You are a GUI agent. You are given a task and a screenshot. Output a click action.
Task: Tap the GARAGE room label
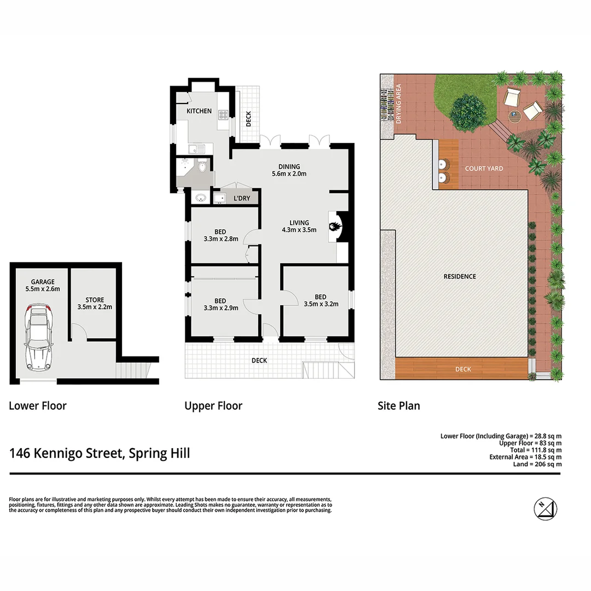[x=42, y=285]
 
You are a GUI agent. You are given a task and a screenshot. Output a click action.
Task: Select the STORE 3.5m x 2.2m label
[x=95, y=304]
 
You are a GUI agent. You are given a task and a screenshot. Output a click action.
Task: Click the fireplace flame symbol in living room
[x=335, y=223]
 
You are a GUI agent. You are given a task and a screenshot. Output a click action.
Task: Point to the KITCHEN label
[x=199, y=111]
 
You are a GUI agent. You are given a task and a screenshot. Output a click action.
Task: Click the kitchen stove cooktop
[x=223, y=115]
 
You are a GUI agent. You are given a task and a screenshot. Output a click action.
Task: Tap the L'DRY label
[x=241, y=198]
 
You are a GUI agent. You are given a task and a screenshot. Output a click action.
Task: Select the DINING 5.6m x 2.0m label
[x=289, y=170]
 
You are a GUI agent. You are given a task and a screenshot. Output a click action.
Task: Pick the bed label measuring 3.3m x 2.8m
[x=221, y=235]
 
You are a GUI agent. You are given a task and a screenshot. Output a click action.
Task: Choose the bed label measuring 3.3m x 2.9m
[x=221, y=304]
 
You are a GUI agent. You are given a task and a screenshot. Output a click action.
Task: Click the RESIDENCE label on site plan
[x=460, y=276]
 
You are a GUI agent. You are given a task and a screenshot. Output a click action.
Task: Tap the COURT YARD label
[x=484, y=169]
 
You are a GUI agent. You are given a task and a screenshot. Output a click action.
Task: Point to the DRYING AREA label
[x=398, y=103]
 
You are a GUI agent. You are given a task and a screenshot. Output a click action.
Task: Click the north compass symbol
[x=546, y=508]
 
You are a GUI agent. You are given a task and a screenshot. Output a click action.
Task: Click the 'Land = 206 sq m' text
[x=537, y=464]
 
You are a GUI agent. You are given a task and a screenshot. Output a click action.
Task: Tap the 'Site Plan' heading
[x=399, y=405]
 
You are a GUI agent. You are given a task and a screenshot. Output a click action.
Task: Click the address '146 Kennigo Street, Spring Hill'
[x=100, y=453]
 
